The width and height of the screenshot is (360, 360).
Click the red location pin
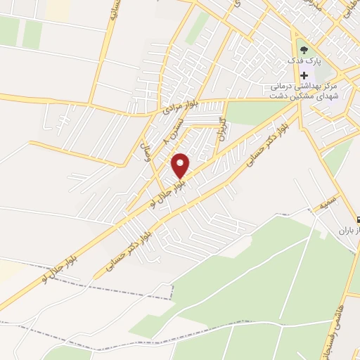tap(181, 165)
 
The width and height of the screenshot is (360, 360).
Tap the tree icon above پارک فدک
tap(304, 50)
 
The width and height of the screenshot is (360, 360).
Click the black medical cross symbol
tap(304, 76)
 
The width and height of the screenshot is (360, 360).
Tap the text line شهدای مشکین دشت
tap(308, 97)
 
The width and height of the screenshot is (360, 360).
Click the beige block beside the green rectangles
tap(58, 9)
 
